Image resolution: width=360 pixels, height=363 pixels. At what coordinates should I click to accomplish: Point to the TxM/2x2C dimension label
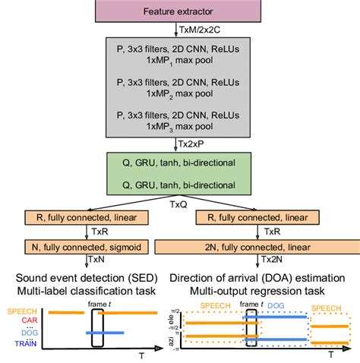(x=201, y=30)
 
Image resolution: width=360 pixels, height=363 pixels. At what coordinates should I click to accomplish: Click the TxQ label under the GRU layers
(x=180, y=204)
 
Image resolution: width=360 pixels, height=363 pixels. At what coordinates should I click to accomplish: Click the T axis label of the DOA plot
(x=330, y=354)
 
